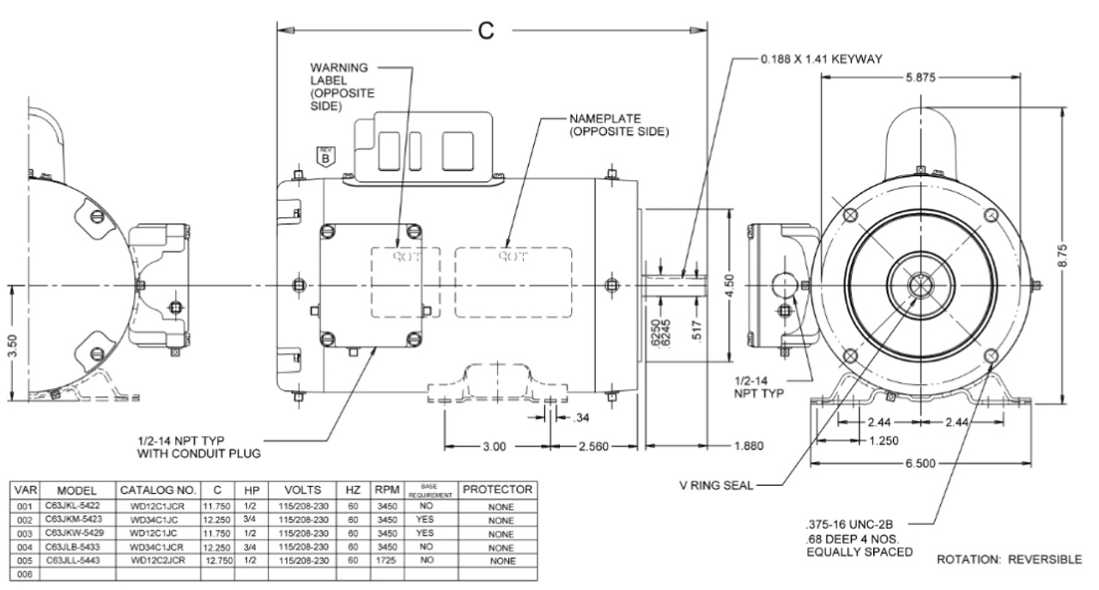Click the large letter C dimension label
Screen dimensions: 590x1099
point(487,29)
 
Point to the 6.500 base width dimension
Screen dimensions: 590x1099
point(922,463)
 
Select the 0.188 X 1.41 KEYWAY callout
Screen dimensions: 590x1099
point(825,60)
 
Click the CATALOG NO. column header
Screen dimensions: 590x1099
point(157,490)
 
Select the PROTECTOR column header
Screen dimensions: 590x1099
point(499,490)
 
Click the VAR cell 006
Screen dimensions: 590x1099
point(14,575)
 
